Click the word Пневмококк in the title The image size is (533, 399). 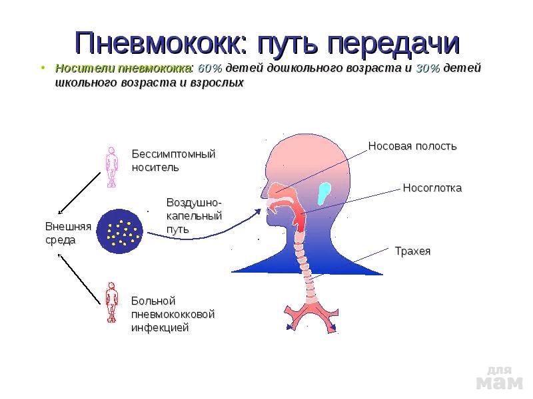161,43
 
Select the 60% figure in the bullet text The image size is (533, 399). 210,68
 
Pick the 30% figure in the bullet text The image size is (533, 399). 428,68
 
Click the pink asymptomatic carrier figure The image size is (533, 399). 111,167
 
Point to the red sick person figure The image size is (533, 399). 111,303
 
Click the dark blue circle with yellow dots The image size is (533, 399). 120,231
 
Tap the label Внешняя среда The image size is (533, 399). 69,233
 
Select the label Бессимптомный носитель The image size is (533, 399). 173,160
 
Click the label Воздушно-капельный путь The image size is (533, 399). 194,215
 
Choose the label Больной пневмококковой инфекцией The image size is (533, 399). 173,314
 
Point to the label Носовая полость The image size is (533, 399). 412,146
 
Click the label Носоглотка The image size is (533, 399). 432,188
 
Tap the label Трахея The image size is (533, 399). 412,251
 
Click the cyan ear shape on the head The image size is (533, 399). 324,194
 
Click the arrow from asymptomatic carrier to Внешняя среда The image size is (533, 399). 79,193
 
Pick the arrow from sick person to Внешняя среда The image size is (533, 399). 79,279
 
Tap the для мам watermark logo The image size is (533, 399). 499,378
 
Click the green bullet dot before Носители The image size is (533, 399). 43,68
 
